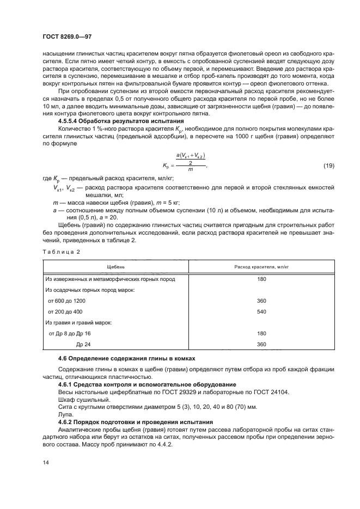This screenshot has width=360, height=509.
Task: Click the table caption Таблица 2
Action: click(60, 252)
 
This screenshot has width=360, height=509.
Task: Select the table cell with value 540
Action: click(261, 311)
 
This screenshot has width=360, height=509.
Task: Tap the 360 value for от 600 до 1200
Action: click(261, 301)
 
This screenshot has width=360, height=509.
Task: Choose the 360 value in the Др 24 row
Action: click(261, 344)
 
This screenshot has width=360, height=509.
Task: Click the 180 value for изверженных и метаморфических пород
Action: click(261, 279)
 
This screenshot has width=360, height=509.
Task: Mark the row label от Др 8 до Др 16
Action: click(70, 333)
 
